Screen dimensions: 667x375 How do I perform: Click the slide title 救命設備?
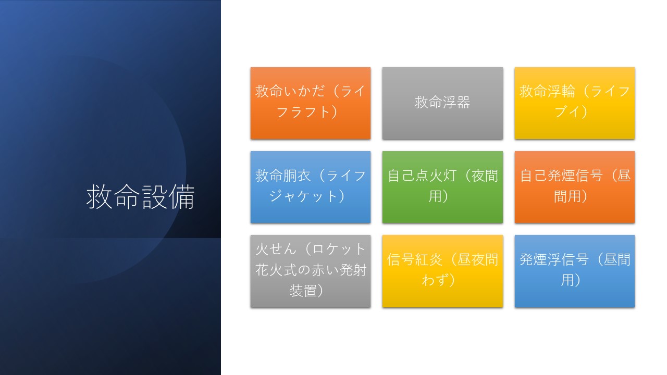(140, 197)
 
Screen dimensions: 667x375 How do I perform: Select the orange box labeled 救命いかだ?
(311, 103)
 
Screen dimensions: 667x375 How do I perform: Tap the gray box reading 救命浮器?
(442, 103)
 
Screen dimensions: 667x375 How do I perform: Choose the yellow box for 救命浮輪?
(575, 103)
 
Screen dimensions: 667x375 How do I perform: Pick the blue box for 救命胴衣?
(311, 187)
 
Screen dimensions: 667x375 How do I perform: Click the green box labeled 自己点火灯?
(442, 187)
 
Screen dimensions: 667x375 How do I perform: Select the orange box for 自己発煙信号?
(575, 187)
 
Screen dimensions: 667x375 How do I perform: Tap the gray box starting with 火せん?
(311, 271)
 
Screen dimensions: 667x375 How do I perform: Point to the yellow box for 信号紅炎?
(442, 271)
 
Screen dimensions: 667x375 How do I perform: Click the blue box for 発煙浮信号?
(575, 271)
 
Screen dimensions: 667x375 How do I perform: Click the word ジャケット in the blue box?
(303, 196)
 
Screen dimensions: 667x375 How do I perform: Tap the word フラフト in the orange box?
(303, 112)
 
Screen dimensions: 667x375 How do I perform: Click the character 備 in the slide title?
(182, 197)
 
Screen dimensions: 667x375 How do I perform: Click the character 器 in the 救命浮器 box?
(463, 103)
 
